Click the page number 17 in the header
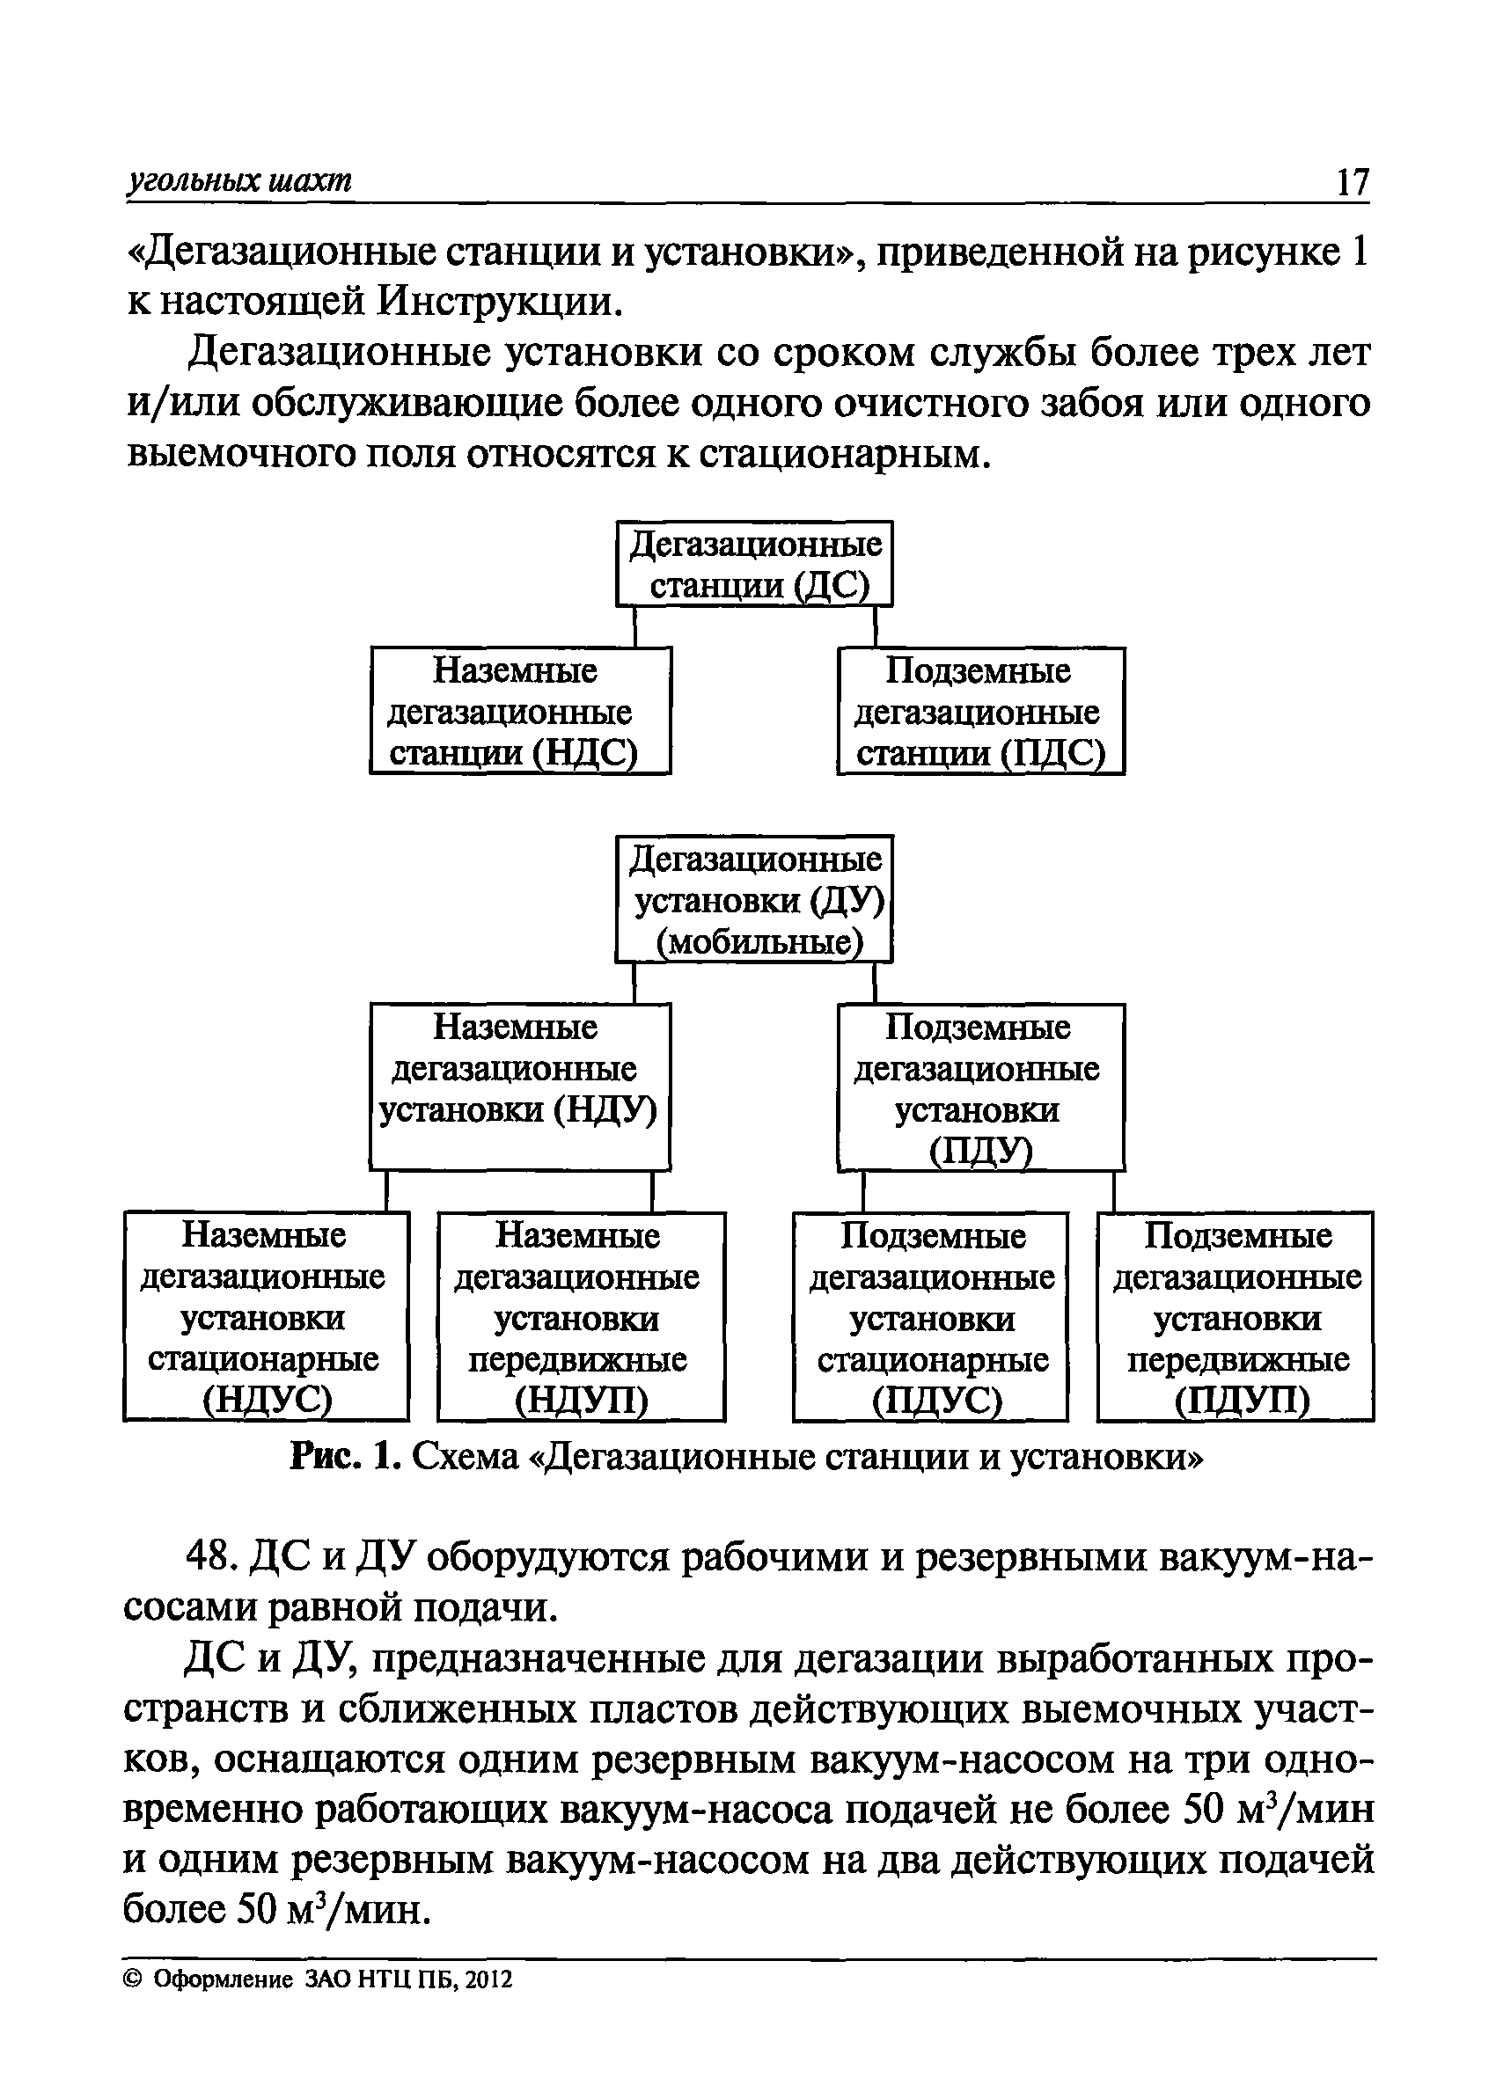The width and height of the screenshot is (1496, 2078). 1351,182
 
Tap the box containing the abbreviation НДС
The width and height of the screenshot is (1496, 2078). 520,711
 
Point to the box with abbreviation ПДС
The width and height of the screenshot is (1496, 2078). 980,711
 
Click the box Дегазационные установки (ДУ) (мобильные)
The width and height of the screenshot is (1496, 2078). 753,899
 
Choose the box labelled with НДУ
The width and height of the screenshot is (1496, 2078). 520,1087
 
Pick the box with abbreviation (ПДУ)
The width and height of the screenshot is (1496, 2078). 980,1087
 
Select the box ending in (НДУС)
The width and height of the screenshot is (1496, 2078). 266,1317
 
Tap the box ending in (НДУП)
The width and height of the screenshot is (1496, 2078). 581,1317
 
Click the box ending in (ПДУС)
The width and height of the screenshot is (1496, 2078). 929,1317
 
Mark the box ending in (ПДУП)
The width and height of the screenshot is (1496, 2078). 1235,1317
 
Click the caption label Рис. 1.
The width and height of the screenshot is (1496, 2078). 344,1456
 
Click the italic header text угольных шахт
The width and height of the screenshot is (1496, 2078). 238,181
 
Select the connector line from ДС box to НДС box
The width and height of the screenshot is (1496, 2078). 635,626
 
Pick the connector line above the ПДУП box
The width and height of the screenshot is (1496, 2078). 1114,1191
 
